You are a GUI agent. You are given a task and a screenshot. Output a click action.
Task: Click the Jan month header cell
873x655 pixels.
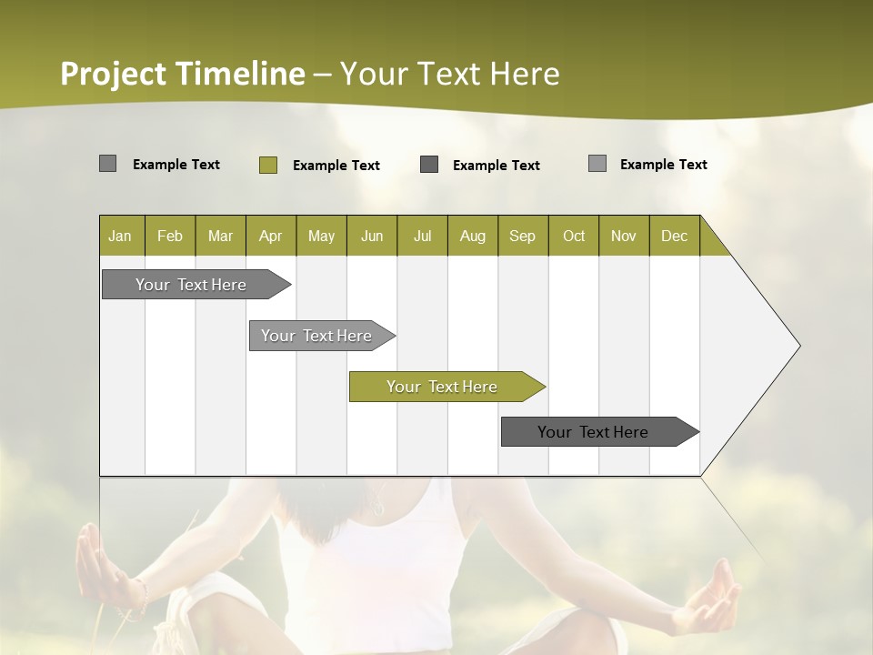[x=121, y=236]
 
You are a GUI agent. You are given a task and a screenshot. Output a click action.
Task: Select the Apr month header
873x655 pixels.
[x=270, y=236]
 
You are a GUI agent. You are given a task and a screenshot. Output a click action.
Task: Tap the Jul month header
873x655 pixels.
[x=422, y=236]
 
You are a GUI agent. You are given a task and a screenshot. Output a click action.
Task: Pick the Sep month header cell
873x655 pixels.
[x=522, y=236]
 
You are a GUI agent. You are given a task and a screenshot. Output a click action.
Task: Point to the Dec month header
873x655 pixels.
[x=674, y=236]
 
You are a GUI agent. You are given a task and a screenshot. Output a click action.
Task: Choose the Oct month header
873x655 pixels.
[x=573, y=236]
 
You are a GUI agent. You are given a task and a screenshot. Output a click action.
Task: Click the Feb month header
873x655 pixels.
[x=170, y=236]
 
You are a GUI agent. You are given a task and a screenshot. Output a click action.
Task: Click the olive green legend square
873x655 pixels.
[x=267, y=165]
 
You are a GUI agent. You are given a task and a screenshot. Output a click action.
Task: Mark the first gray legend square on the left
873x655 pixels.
[x=107, y=164]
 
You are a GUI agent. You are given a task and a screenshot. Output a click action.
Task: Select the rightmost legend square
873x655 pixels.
[x=597, y=164]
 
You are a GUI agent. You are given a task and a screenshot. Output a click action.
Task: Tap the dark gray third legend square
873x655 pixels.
[x=429, y=165]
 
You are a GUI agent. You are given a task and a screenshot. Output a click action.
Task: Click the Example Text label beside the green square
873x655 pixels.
[x=336, y=166]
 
